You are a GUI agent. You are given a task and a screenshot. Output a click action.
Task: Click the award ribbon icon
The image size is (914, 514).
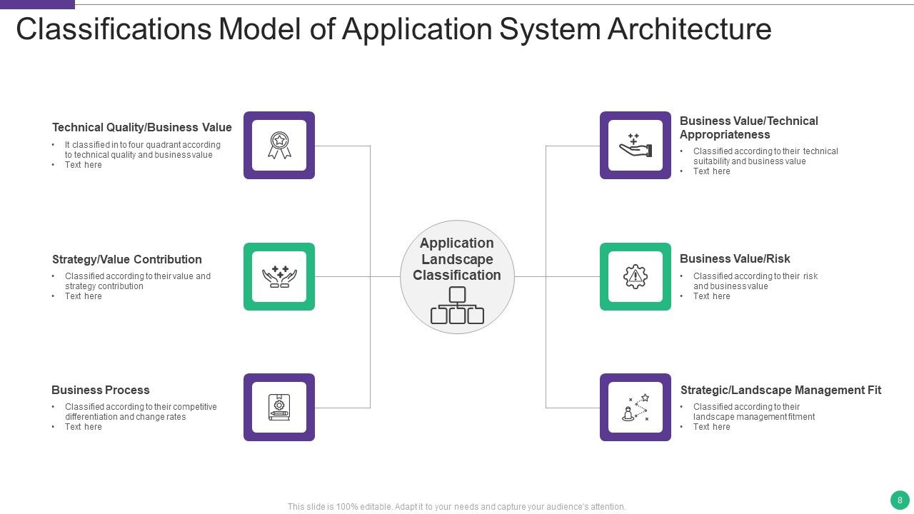tap(279, 145)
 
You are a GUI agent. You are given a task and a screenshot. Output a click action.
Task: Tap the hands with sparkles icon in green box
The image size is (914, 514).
tap(279, 276)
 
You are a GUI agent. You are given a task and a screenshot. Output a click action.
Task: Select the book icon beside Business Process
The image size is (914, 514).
tap(279, 407)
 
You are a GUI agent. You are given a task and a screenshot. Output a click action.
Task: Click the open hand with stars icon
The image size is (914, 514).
tap(636, 145)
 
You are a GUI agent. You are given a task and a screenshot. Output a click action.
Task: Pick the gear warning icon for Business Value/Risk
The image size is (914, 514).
tap(636, 276)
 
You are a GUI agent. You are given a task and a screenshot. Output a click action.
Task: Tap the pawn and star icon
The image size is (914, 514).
tap(636, 408)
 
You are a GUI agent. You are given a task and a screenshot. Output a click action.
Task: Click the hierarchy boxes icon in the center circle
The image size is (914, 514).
tap(457, 305)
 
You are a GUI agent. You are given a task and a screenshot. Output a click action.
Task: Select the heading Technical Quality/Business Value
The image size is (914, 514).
tap(142, 128)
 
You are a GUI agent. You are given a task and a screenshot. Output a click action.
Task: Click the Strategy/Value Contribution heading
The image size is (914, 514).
tap(127, 259)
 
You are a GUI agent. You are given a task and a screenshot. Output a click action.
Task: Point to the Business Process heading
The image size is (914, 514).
tap(101, 390)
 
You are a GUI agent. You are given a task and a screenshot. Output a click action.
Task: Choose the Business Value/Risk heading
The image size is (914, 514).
tap(735, 258)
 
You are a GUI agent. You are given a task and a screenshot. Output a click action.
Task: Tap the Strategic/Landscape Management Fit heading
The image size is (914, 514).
tap(780, 390)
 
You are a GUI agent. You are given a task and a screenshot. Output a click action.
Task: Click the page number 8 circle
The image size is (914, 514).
tap(900, 500)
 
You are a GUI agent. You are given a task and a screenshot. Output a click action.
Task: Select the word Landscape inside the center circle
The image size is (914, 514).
tap(457, 259)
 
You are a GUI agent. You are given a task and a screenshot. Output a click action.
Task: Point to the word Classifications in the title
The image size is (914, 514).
tap(113, 30)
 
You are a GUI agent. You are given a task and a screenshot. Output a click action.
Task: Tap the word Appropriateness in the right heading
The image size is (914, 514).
tap(725, 134)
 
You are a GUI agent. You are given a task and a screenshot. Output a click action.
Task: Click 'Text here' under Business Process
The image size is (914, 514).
tap(84, 427)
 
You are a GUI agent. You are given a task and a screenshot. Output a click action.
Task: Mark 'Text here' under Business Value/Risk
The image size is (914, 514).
tap(712, 296)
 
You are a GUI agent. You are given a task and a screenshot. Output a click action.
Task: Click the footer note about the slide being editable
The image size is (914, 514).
tap(457, 507)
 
